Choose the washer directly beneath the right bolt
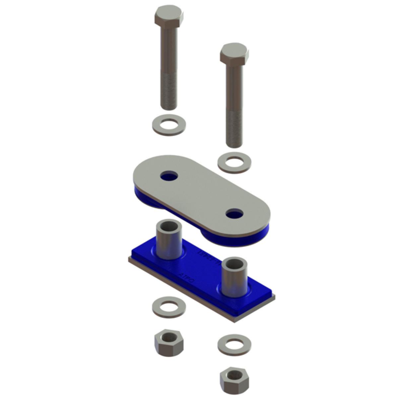[234, 162]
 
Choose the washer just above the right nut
[234, 344]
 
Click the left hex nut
[168, 343]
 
